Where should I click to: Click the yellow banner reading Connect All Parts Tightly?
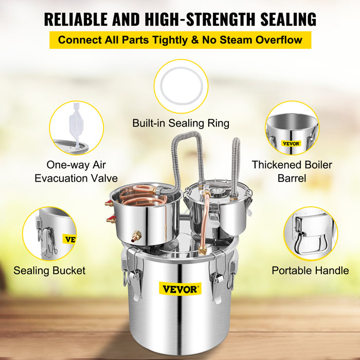pos(180,40)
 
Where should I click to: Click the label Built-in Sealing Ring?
pos(181,123)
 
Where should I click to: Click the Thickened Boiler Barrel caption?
pos(292,172)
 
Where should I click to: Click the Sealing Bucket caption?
pos(49,270)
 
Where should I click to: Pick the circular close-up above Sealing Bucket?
pos(50,234)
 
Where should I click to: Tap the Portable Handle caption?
pos(310,270)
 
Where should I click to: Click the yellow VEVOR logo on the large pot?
pos(181,289)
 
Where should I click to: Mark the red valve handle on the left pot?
pos(110,221)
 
